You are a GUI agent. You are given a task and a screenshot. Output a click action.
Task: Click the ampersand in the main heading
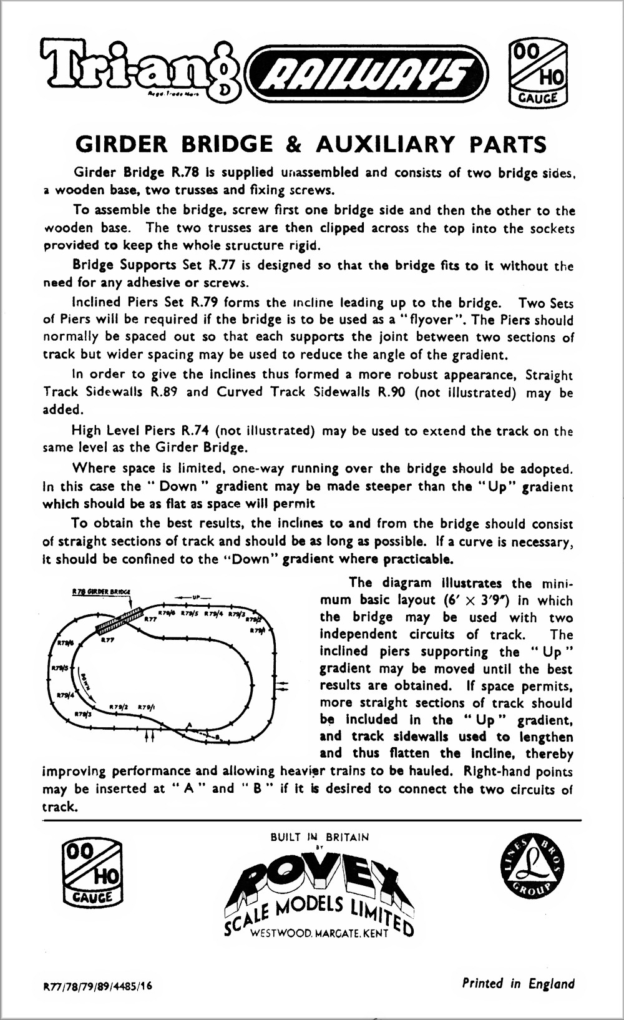(x=293, y=144)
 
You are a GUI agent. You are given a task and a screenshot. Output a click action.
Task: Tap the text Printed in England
(x=518, y=983)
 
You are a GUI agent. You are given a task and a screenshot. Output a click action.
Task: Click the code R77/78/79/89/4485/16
(x=97, y=987)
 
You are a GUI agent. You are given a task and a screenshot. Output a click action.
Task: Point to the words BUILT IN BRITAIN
(x=319, y=837)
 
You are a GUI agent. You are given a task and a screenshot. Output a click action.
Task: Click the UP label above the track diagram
(x=195, y=597)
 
